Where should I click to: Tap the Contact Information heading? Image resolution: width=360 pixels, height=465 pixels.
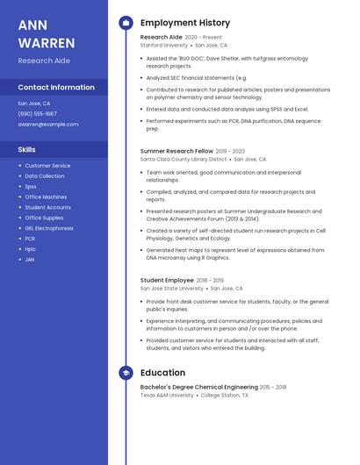coord(56,88)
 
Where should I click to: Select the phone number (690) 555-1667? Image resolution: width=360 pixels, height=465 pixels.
coord(37,114)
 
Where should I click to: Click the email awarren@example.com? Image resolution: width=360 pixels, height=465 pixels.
coord(48,125)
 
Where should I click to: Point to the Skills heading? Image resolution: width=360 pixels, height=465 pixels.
coord(26,150)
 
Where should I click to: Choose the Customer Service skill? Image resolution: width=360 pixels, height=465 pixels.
coord(47,166)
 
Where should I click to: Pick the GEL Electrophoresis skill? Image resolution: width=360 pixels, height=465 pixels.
coord(49,228)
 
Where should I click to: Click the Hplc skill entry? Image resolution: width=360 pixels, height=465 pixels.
coord(31,249)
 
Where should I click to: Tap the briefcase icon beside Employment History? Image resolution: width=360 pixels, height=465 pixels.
coord(125,23)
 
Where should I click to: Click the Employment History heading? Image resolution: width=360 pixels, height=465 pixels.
coord(184,23)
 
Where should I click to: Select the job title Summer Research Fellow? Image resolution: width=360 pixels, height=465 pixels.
coord(176,151)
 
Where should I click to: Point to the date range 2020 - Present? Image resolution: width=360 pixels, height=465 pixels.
coord(204,38)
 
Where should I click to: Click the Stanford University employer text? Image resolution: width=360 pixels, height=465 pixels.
coord(164,45)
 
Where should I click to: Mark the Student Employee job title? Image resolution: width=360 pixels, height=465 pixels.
coord(167,280)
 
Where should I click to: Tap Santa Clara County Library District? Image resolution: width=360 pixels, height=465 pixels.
coord(184,159)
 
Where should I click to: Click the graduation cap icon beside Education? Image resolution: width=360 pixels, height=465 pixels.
coord(125,373)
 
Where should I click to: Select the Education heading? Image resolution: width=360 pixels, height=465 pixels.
coord(162,373)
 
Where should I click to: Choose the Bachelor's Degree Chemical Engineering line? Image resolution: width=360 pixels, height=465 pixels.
coord(198,387)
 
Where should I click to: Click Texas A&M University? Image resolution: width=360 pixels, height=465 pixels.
coord(167,395)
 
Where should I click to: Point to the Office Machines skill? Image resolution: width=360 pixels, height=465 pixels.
coord(46,197)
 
